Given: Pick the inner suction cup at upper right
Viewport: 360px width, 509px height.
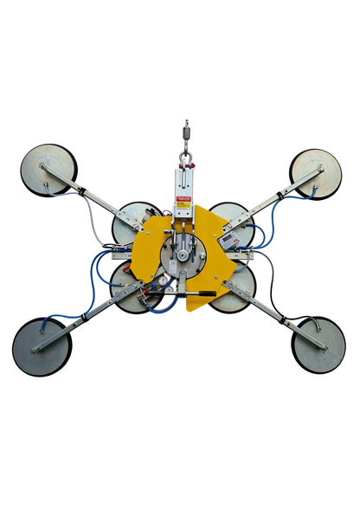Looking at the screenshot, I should coord(232,222).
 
